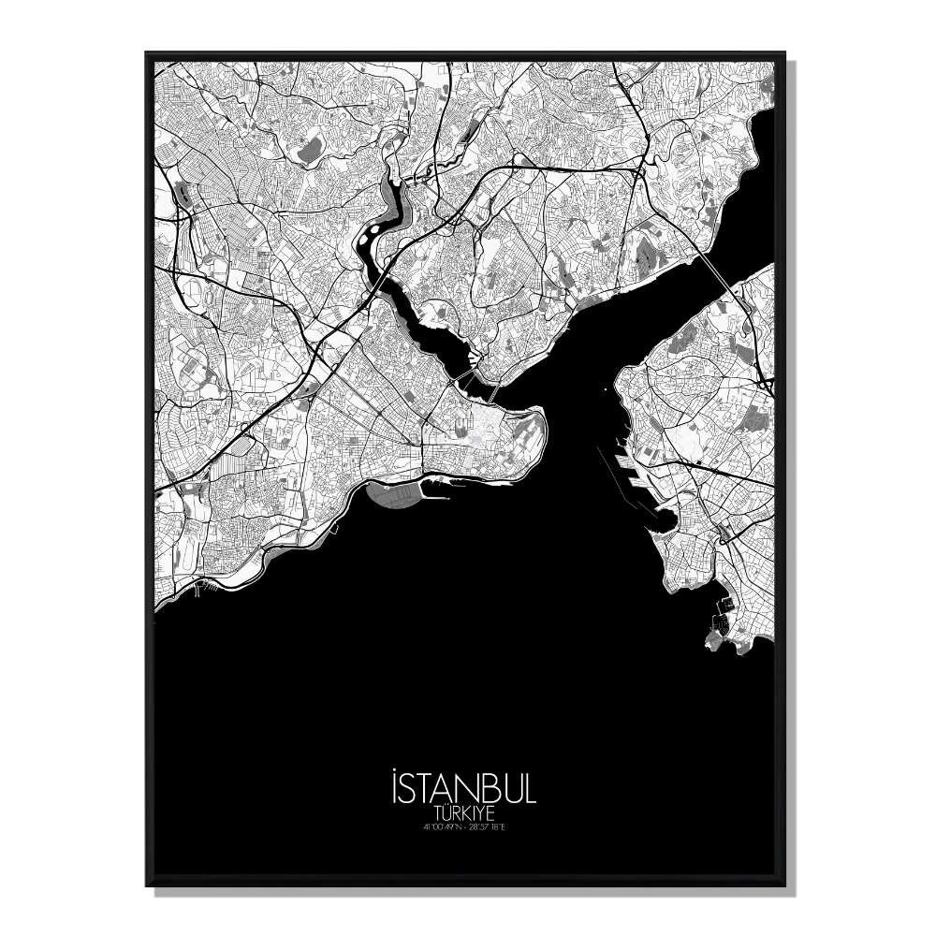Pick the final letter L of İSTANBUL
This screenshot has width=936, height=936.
coord(529,788)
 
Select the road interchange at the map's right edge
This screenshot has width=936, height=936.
coord(767,384)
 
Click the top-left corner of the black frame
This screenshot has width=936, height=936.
coord(148,54)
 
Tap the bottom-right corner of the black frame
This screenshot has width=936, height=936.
coord(787,884)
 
